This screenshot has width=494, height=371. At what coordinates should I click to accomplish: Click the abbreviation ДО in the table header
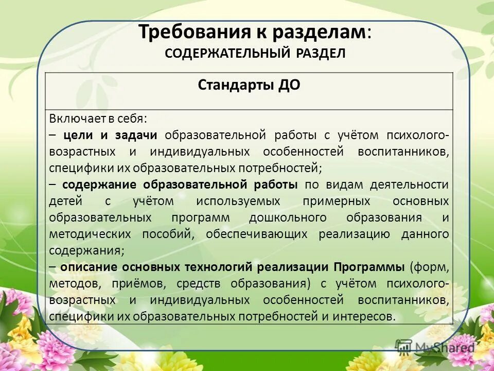[290, 86]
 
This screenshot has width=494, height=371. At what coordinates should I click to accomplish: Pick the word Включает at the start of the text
[73, 119]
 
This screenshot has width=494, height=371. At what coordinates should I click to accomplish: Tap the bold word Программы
[369, 267]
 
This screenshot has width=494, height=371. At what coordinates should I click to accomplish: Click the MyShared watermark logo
[435, 347]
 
